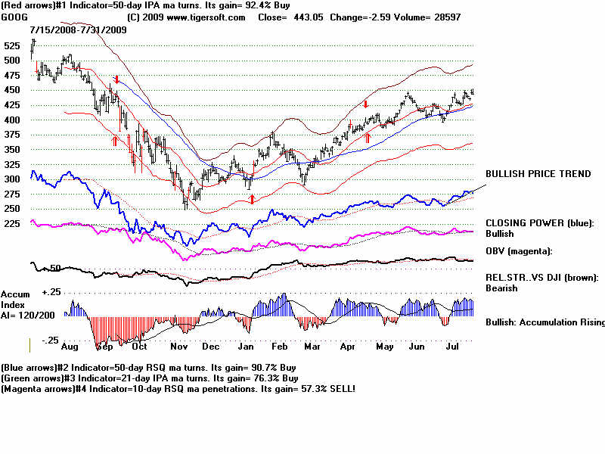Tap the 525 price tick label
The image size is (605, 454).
click(12, 45)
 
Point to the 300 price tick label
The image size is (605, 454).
click(12, 179)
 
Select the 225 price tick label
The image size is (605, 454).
click(12, 223)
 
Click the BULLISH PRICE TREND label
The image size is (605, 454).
click(538, 174)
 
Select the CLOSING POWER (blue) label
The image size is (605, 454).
click(539, 223)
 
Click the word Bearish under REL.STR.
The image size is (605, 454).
click(501, 288)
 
